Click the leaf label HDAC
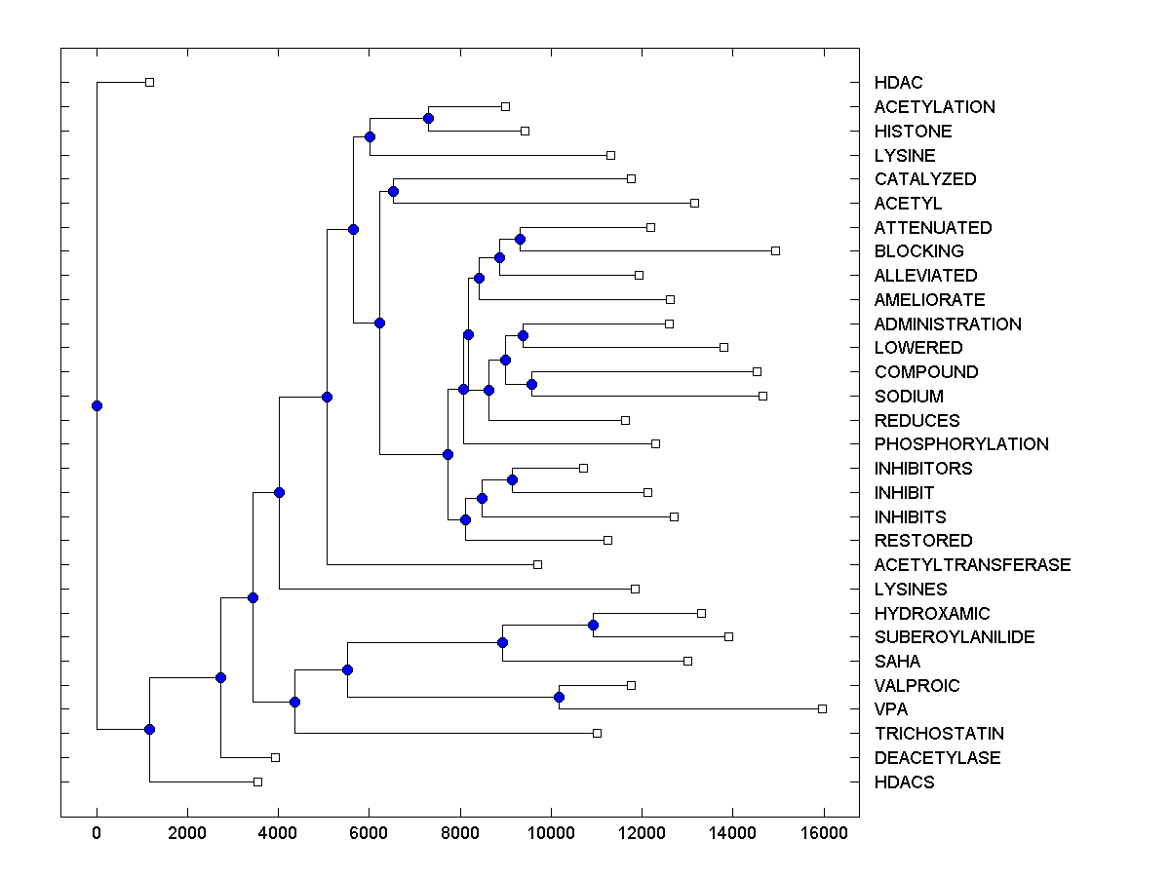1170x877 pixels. point(898,83)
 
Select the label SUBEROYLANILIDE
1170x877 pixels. point(954,637)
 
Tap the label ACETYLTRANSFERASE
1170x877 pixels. point(972,565)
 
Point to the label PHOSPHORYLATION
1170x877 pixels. point(961,444)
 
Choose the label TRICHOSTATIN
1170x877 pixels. point(939,734)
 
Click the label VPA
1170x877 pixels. point(890,709)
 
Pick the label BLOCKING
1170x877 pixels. point(918,251)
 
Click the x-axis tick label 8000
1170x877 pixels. point(460,832)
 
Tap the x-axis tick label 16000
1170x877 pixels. point(824,832)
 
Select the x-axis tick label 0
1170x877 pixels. point(97,832)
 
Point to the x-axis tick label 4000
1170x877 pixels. point(278,832)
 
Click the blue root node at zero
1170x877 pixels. point(97,405)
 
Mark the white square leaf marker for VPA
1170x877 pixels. point(822,708)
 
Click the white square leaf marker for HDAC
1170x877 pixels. point(149,82)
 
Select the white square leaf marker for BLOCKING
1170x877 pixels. point(775,250)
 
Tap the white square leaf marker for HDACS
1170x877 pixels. point(257,782)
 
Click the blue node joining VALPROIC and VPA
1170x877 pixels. point(559,697)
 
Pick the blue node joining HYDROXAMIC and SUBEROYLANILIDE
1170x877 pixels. point(593,625)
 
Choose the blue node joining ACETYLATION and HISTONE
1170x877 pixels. point(428,118)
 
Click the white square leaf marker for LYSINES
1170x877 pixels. point(635,589)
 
